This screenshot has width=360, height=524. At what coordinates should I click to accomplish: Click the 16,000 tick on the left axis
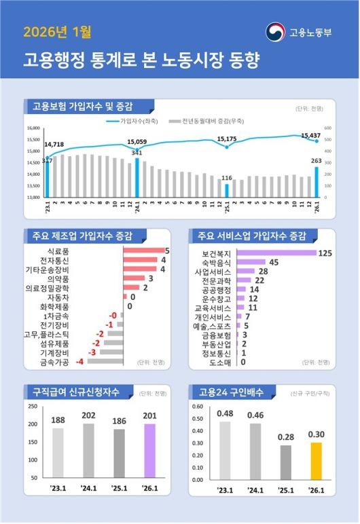(x=34, y=128)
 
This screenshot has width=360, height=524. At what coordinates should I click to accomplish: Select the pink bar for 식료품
(x=143, y=251)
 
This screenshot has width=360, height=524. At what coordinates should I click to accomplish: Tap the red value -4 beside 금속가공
(x=79, y=362)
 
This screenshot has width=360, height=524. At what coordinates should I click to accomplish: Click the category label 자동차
(x=105, y=297)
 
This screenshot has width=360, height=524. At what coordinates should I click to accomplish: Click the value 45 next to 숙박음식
(x=274, y=262)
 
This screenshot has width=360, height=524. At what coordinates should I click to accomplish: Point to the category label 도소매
(x=219, y=362)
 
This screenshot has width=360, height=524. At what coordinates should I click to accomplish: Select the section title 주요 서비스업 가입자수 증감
(x=251, y=236)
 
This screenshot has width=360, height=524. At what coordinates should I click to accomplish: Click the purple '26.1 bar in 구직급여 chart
(x=149, y=451)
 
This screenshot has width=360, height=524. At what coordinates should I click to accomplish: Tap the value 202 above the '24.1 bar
(x=88, y=415)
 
